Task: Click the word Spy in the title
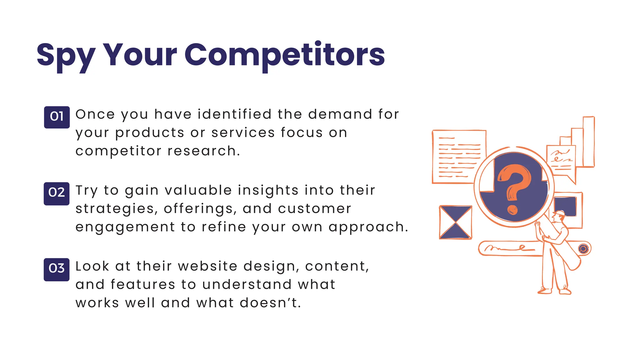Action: point(66,56)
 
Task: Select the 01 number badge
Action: point(57,117)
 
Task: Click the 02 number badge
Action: point(57,193)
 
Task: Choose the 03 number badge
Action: point(57,269)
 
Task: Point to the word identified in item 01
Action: point(234,114)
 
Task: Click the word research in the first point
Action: point(204,151)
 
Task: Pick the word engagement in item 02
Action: point(125,227)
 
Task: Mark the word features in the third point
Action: point(143,285)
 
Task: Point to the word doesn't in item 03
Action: point(270,303)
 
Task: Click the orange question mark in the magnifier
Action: point(514,181)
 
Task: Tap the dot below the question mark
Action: point(512,210)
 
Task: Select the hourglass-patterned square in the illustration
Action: point(455,222)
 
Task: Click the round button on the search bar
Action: point(583,249)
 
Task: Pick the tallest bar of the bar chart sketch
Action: point(589,142)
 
